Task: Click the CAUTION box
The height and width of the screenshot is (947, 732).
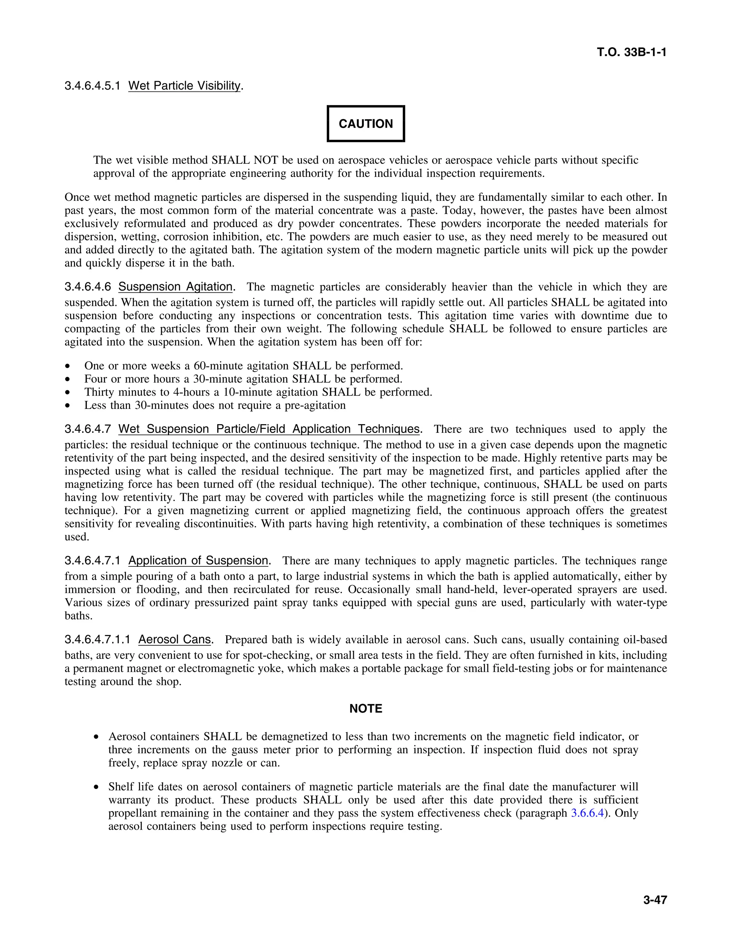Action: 366,124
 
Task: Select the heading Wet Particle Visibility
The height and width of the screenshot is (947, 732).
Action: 184,86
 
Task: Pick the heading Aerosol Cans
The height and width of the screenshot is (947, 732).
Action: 175,640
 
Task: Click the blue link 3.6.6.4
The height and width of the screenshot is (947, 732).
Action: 587,813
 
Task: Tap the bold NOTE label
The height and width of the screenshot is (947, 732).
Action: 366,709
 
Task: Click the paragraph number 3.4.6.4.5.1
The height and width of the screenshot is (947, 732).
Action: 92,86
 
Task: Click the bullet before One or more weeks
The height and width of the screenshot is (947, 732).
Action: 67,366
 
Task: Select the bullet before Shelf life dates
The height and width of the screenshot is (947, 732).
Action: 96,787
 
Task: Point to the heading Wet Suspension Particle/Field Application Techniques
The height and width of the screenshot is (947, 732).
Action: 269,429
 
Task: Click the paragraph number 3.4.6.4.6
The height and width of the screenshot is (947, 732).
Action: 88,287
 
